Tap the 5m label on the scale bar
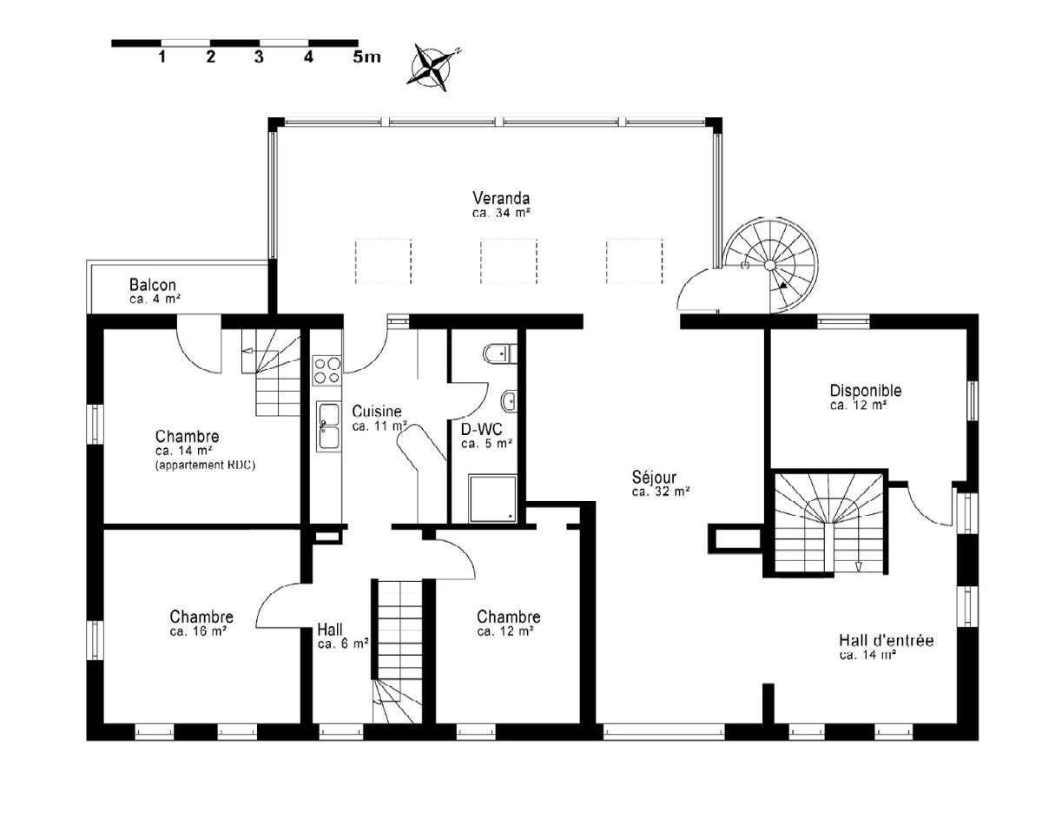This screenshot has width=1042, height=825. point(366,57)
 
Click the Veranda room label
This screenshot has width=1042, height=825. point(501,196)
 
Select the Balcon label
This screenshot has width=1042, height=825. point(153,285)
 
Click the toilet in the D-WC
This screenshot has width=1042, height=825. point(499,354)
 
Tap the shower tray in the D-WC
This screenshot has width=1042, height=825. point(491,498)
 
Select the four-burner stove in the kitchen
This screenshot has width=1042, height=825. point(327,371)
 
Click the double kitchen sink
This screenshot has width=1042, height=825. point(328,426)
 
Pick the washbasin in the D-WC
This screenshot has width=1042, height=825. point(510,401)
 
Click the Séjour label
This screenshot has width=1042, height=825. point(654,477)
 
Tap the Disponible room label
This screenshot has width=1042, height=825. point(865,391)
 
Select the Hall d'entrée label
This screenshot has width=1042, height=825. point(886,641)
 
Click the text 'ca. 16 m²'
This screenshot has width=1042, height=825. point(198,631)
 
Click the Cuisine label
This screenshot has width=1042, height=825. point(376,411)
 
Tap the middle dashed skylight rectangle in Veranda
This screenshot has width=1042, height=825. point(509,261)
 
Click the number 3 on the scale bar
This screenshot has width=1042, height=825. point(259,57)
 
